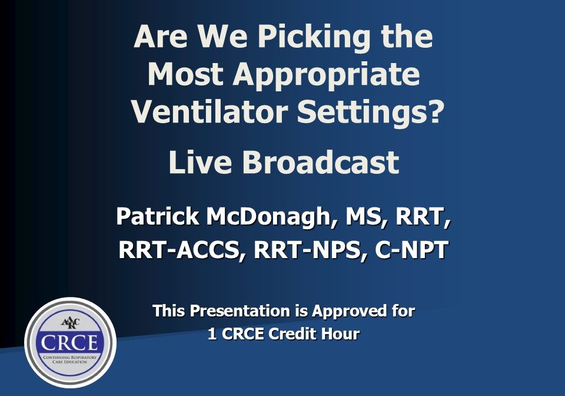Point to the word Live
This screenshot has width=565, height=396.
201,163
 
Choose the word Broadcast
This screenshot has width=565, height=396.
321,163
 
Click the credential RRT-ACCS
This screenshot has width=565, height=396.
183,250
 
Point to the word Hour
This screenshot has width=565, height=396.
342,334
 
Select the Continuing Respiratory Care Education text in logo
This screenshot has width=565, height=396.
70,359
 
